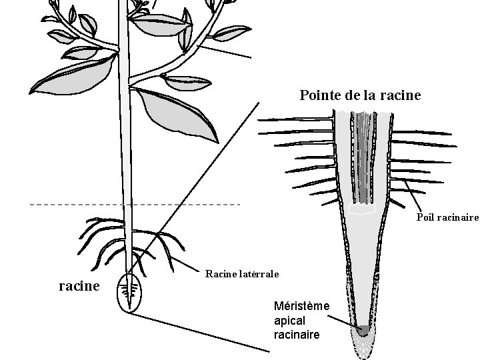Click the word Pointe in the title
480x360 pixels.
click(x=320, y=95)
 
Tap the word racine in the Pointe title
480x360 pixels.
click(x=401, y=95)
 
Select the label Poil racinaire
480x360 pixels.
click(x=447, y=217)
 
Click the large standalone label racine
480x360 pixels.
click(x=79, y=286)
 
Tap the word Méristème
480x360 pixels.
click(x=302, y=306)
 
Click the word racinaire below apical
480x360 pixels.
click(x=297, y=334)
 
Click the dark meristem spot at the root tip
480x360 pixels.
click(x=363, y=329)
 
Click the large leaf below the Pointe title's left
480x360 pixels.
click(x=177, y=113)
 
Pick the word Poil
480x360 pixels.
click(x=427, y=217)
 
